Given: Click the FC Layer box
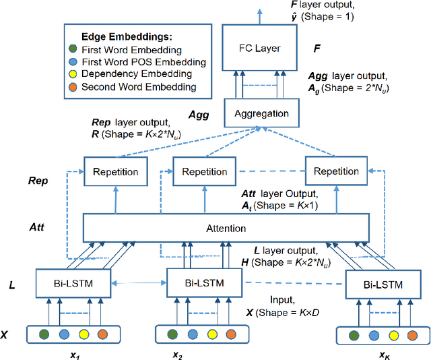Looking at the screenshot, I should pyautogui.click(x=259, y=49).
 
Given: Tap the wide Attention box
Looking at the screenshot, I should pyautogui.click(x=226, y=229).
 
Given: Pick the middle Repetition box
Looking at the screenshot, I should pyautogui.click(x=205, y=171).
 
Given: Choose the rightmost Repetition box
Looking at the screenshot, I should pyautogui.click(x=336, y=171).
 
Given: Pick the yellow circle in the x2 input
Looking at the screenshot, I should pyautogui.click(x=212, y=334).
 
